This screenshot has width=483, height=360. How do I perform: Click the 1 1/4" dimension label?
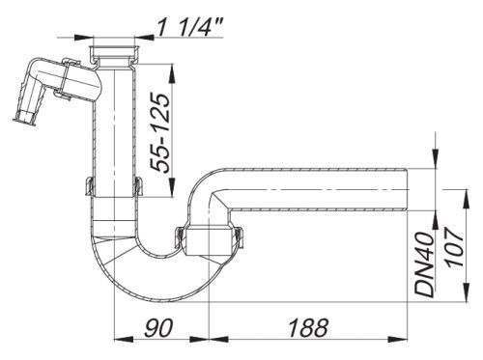click(x=190, y=27)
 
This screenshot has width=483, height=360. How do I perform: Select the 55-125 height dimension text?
click(x=160, y=133)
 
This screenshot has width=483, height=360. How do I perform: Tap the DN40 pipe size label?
click(x=424, y=264)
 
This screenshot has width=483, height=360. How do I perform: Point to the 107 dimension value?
click(x=454, y=247)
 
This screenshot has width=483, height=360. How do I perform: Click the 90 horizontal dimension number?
click(x=158, y=328)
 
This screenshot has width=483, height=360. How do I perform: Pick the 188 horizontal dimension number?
click(x=308, y=328)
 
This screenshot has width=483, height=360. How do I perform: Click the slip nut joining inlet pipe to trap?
click(x=115, y=186)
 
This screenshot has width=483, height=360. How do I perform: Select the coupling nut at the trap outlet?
click(x=209, y=238)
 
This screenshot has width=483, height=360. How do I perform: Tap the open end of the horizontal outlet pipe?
click(x=408, y=190)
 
